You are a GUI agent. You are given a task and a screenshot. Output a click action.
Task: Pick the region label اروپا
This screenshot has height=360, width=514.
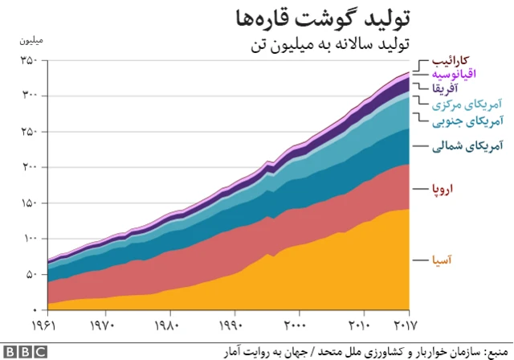[x=443, y=189]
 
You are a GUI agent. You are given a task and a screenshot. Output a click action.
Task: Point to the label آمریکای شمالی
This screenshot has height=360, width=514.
[x=467, y=146]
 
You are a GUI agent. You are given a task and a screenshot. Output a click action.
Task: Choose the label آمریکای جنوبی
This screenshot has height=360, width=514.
[x=469, y=121]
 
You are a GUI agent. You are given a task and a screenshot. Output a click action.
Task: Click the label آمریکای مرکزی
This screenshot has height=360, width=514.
[x=468, y=104]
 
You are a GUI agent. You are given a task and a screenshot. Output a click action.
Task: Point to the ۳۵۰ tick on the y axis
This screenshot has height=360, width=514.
[x=29, y=61]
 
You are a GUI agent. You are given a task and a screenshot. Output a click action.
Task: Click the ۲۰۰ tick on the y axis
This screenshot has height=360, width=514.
[x=29, y=168]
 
